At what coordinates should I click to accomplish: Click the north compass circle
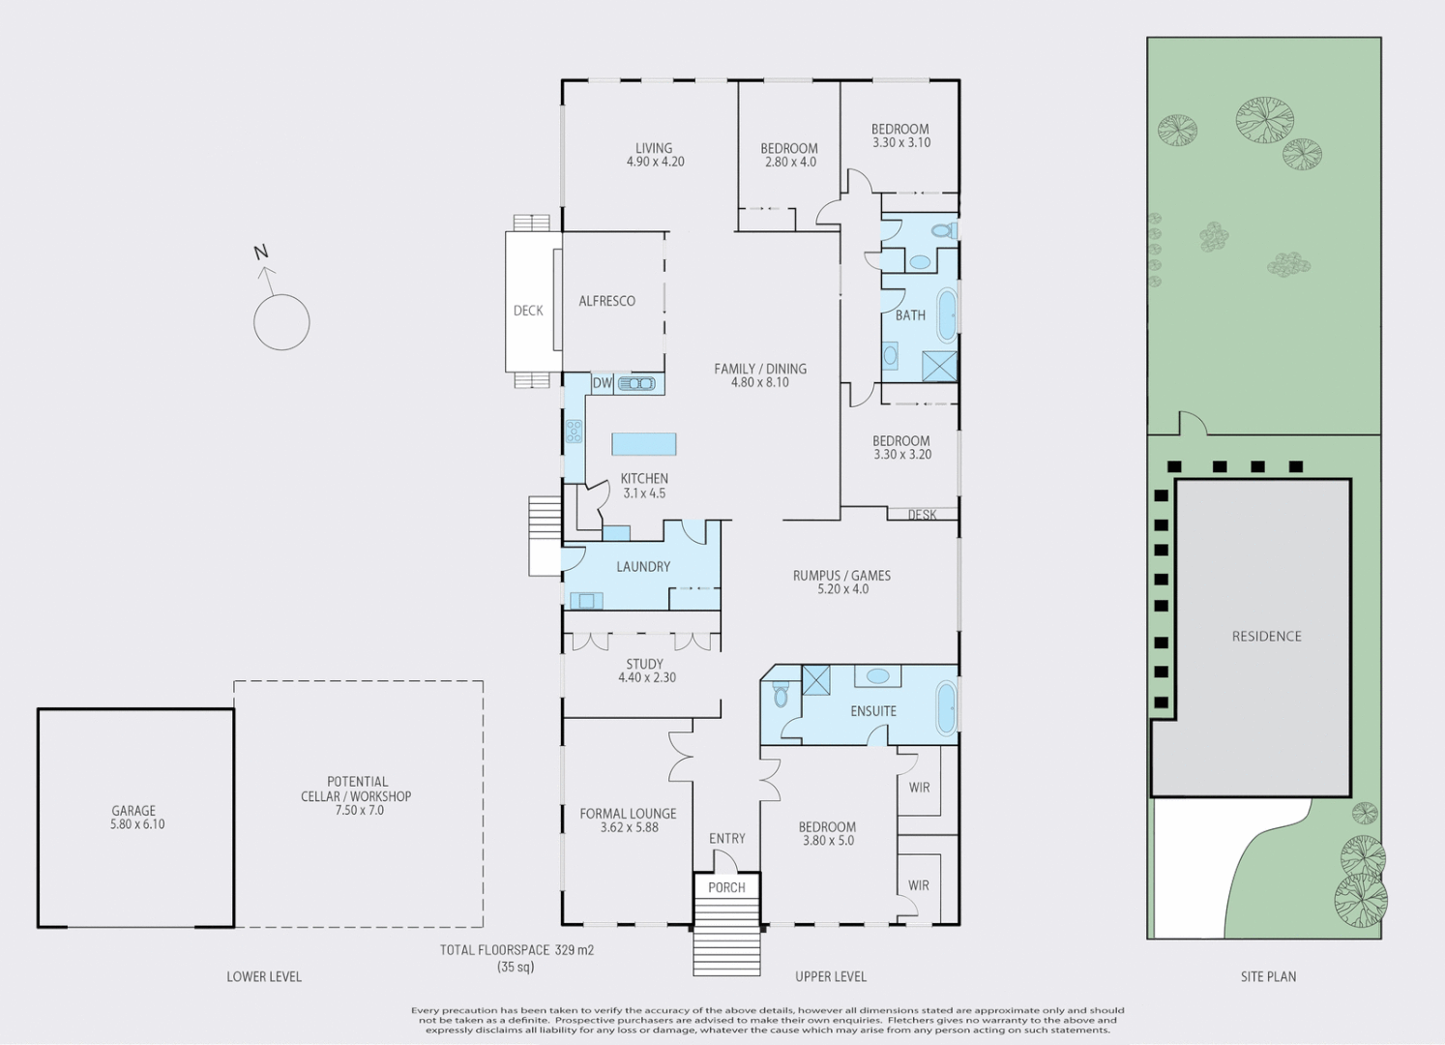click(281, 322)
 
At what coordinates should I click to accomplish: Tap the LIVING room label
click(654, 148)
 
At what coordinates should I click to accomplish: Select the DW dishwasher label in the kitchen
click(603, 384)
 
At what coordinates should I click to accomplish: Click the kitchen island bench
click(644, 444)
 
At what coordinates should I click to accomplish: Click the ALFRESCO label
click(606, 301)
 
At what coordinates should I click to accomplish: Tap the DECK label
click(528, 311)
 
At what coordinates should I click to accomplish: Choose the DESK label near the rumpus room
click(922, 515)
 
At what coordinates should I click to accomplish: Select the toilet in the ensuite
click(781, 694)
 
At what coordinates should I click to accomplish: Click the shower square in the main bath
click(938, 367)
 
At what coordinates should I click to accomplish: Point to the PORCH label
click(726, 887)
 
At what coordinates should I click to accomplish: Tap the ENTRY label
click(726, 839)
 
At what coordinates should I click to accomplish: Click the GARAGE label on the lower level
click(133, 811)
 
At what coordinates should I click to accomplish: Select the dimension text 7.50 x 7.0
click(359, 810)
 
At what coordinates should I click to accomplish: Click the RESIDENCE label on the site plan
click(1266, 636)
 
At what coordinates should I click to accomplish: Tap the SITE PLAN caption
click(1268, 977)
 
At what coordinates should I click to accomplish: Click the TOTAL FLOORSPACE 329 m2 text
click(516, 950)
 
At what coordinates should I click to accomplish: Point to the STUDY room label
click(644, 664)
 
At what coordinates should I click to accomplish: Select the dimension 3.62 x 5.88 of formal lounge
click(629, 827)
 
